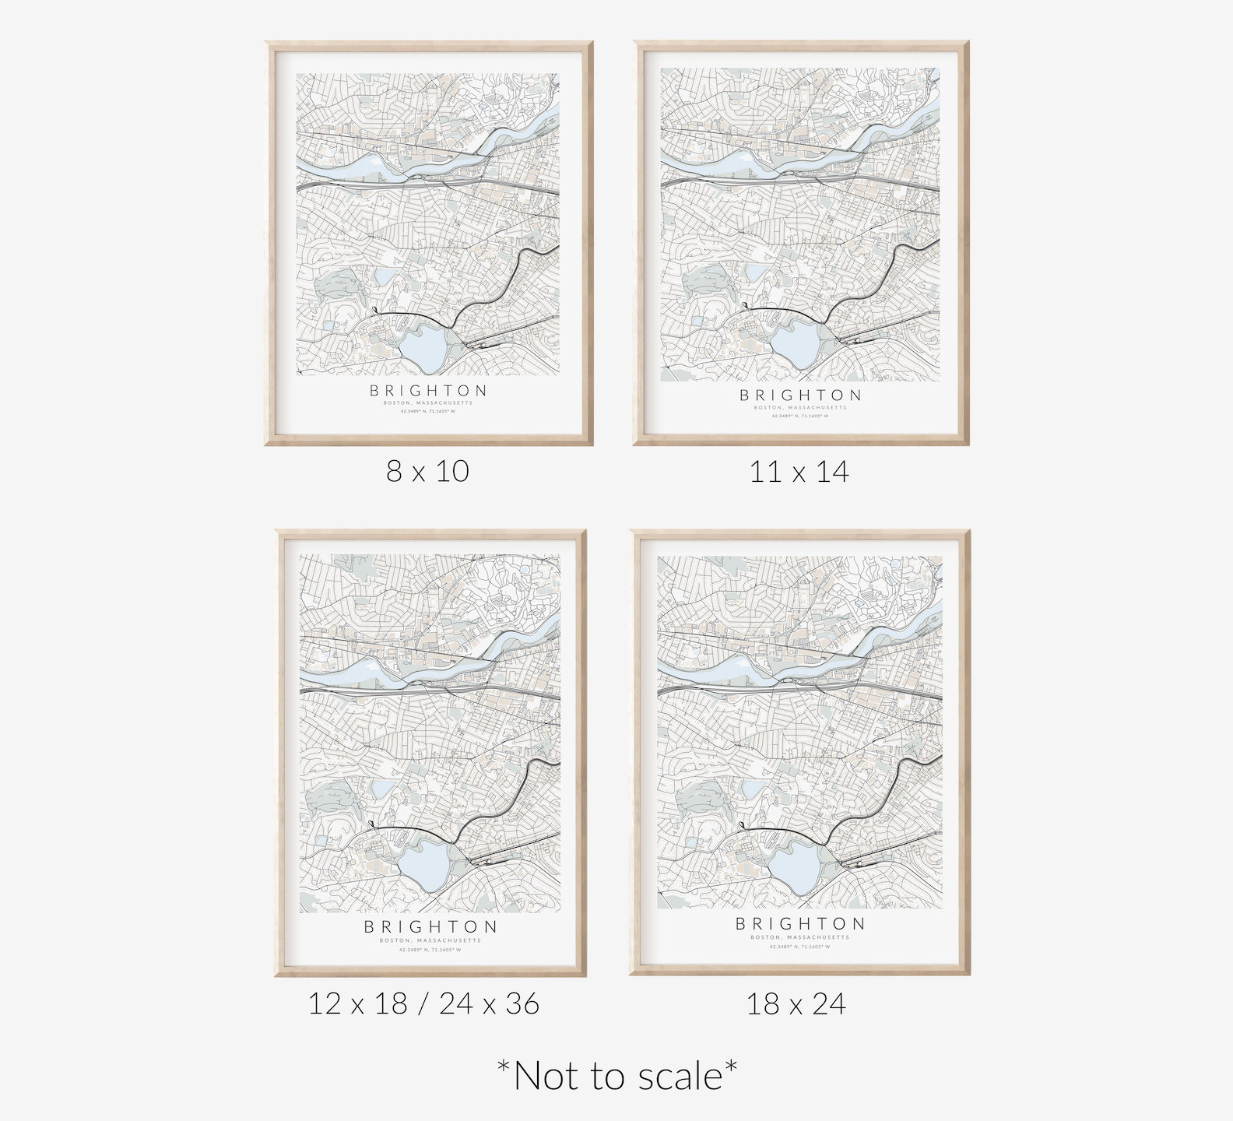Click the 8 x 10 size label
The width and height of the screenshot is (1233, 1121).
pos(427,471)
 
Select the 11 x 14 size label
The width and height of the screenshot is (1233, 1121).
pos(799,472)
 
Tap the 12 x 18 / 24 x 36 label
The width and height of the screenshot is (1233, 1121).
pos(423,1003)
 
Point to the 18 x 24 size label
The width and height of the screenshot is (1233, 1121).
pos(796,1004)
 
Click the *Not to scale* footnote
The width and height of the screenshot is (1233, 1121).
pos(617,1076)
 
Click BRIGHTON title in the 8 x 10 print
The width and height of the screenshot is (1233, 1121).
pos(429,390)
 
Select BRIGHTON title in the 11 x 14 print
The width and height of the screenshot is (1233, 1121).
pos(800,395)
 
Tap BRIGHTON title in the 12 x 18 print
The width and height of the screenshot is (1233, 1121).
pos(430,926)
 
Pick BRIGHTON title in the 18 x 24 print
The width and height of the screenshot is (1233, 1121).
pos(800,924)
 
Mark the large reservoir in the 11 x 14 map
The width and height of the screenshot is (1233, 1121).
pos(796,340)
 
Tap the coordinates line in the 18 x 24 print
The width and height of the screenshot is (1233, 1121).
pos(800,947)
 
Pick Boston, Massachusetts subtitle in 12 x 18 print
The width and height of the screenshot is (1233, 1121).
pos(430,940)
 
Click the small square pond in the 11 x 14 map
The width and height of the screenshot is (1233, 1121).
pos(756,272)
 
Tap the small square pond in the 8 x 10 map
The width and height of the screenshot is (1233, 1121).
pos(385,276)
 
